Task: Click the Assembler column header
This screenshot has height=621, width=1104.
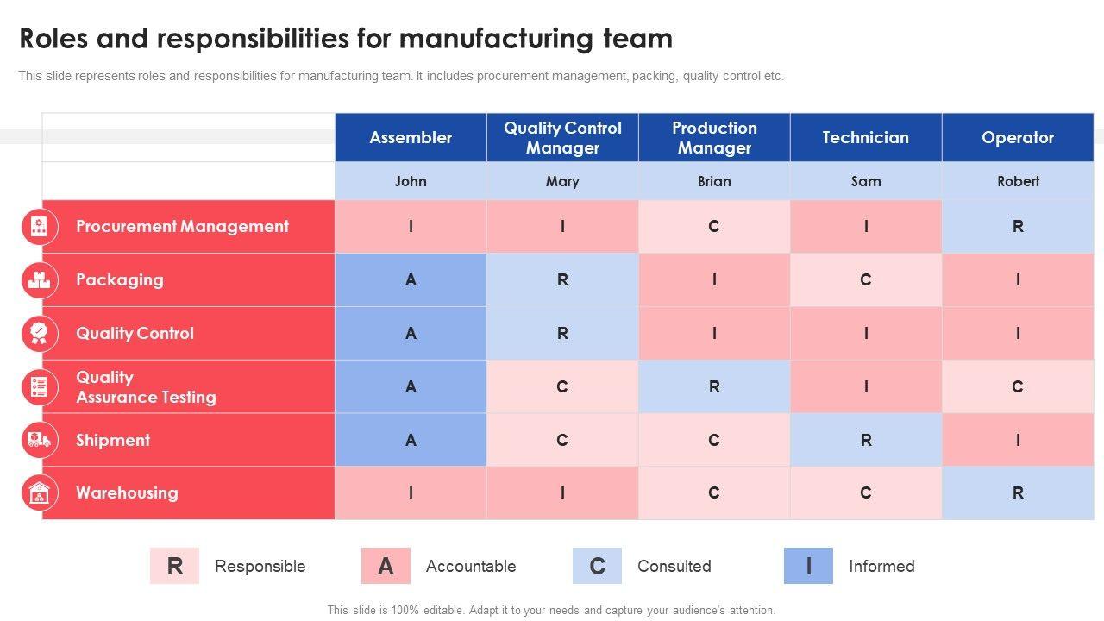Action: [411, 137]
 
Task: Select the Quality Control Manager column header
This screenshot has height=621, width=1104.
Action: [562, 137]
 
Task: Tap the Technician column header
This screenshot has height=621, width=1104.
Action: [865, 137]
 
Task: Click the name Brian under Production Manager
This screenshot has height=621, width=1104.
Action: [714, 181]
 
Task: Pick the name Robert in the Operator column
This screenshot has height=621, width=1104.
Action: [1018, 181]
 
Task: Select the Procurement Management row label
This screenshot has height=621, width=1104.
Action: [182, 226]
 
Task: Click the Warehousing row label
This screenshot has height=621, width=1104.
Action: [127, 492]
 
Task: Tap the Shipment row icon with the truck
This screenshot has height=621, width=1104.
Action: [39, 440]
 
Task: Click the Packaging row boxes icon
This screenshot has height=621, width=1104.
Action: [39, 279]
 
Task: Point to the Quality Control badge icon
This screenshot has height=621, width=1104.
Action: [39, 333]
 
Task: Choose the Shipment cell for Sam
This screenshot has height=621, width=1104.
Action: [865, 440]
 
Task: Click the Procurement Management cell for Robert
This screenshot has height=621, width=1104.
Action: [1018, 226]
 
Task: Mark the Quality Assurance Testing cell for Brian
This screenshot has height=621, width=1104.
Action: [714, 386]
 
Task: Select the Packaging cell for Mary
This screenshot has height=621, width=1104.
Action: [562, 279]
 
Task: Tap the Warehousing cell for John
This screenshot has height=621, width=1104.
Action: [411, 492]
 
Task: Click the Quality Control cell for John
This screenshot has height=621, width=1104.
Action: [411, 333]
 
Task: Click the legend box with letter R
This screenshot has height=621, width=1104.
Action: [174, 566]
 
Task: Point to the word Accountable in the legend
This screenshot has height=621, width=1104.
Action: [471, 566]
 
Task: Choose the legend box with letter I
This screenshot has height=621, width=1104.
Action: [808, 566]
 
